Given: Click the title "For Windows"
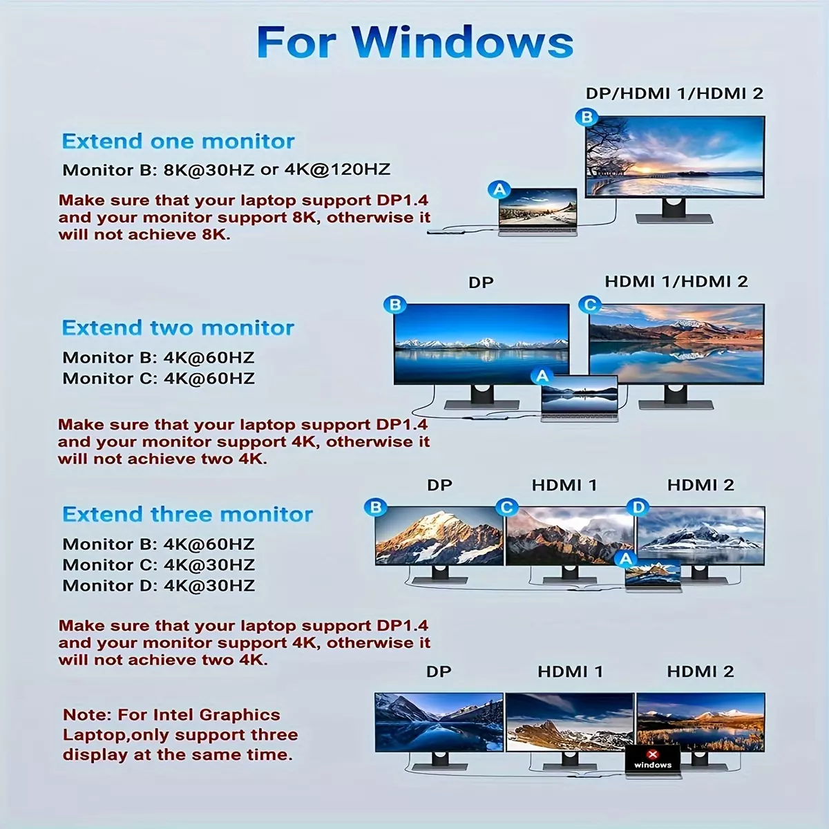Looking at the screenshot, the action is tap(414, 41).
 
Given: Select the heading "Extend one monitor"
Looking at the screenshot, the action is tap(178, 141).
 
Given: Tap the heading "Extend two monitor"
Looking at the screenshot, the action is tap(178, 328).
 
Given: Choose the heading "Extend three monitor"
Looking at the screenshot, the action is tap(188, 514).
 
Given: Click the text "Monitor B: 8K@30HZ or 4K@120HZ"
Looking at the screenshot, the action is tap(227, 169).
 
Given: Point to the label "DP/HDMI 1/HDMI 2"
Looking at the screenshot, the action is tap(674, 93).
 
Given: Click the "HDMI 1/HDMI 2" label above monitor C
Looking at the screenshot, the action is tap(676, 281).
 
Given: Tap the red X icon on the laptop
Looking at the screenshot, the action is tap(653, 754).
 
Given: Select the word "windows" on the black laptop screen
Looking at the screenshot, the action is tap(653, 765).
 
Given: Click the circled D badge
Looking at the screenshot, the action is tap(638, 507).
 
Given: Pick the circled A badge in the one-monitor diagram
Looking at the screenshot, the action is tap(499, 190).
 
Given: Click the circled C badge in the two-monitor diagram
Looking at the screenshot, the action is tap(590, 305).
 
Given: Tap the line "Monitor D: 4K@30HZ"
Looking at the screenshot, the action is tap(159, 586).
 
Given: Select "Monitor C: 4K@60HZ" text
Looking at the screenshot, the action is tap(159, 379).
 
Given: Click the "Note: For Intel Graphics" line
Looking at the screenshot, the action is tap(171, 714).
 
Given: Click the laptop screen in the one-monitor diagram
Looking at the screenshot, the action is tap(537, 208).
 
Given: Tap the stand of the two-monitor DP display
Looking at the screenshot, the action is tap(482, 397).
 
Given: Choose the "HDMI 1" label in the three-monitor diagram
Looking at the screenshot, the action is tap(564, 485).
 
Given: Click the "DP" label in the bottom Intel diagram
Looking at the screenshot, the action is tap(439, 671).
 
